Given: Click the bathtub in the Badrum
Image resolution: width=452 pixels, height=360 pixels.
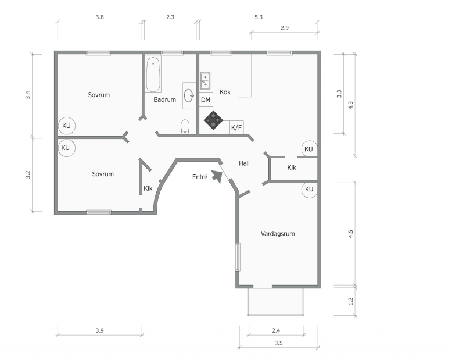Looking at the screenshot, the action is click(x=153, y=74).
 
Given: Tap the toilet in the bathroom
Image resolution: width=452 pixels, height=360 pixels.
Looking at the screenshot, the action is click(x=185, y=127).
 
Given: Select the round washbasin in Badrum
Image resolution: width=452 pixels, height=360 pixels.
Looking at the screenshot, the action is click(x=188, y=95).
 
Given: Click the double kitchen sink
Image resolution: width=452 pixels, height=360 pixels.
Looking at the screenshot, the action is click(x=205, y=80).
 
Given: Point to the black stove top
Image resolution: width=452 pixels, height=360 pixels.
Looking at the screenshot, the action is click(x=213, y=120).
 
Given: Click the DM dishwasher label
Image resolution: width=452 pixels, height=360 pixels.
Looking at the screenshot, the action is click(x=206, y=100).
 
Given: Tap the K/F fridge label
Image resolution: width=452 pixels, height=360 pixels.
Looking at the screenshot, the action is click(x=236, y=127).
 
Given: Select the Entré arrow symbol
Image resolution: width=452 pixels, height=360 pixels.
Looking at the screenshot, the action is click(x=217, y=176).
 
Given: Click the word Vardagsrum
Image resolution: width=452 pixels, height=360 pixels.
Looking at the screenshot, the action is click(x=278, y=234).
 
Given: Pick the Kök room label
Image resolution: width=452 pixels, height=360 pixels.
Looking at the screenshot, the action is click(x=225, y=92).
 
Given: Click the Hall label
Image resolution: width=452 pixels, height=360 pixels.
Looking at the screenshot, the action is click(x=244, y=163).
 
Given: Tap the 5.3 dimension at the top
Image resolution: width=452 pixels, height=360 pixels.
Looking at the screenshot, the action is click(x=259, y=17).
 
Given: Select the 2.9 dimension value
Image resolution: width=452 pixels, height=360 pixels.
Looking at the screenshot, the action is click(x=285, y=28).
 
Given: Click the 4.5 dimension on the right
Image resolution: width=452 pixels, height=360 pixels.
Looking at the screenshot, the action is click(x=350, y=233).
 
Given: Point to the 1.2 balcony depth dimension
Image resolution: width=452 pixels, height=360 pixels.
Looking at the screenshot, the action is click(x=350, y=301).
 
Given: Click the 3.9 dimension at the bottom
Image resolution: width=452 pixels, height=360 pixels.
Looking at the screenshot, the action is click(x=100, y=330).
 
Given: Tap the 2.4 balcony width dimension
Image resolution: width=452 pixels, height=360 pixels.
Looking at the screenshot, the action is click(x=276, y=330).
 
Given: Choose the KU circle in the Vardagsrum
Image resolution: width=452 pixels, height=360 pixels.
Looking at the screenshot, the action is click(x=309, y=189).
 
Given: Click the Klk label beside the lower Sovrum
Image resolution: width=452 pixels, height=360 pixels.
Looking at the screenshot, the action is click(x=148, y=188).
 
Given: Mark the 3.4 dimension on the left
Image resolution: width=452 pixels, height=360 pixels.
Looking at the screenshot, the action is click(x=28, y=95).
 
